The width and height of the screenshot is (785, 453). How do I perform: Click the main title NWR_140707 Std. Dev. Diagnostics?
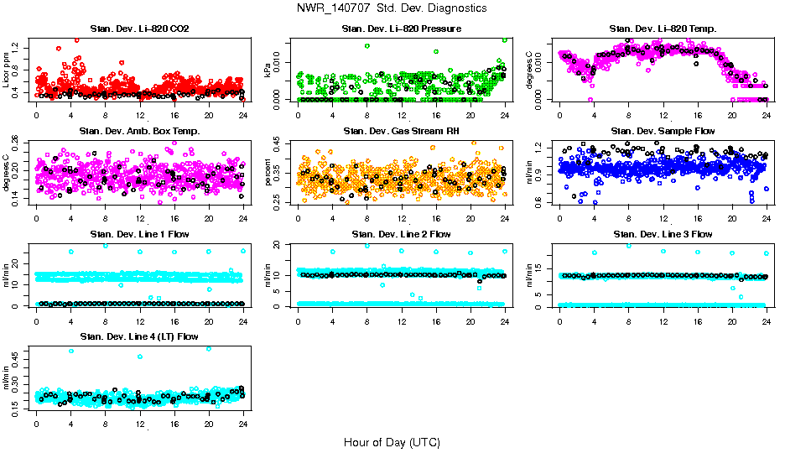point(391,8)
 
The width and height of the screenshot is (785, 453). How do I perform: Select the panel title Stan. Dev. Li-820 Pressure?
point(401,29)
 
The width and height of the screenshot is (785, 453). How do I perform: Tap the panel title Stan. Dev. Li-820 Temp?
point(662,29)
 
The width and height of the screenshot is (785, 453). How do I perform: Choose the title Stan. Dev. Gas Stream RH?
point(401,132)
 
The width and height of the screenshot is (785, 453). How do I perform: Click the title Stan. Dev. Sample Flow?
point(662,132)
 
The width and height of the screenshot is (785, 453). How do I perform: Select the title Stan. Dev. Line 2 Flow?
point(401,234)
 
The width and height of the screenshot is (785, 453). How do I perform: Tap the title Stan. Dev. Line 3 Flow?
point(662,234)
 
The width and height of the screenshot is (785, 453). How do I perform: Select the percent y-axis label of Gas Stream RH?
point(269,171)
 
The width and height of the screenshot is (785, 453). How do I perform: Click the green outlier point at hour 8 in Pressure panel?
point(367,46)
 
